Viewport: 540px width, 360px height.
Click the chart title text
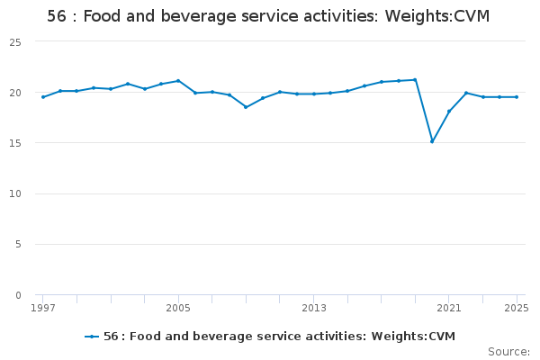[268, 17]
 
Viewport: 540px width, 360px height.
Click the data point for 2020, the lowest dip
[432, 141]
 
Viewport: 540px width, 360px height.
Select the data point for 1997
[43, 97]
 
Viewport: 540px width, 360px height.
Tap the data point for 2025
[517, 97]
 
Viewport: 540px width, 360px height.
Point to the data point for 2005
[178, 81]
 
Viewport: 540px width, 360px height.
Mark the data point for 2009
[246, 107]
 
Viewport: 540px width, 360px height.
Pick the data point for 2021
[449, 112]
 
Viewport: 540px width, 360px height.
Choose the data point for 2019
[415, 80]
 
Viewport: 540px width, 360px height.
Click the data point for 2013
[313, 94]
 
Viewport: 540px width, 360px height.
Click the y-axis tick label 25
[16, 42]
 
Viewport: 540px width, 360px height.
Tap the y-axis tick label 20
[16, 93]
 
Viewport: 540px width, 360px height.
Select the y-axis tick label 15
[16, 143]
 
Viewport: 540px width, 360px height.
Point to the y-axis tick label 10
[16, 193]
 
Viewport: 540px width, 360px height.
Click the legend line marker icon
[92, 337]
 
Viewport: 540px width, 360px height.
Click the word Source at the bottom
[508, 352]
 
